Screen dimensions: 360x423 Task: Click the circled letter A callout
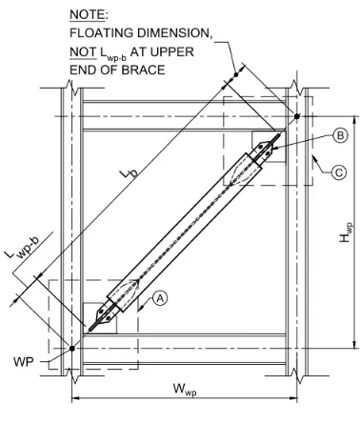[160, 298]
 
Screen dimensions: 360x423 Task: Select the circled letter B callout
[340, 136]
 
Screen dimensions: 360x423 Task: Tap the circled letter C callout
[339, 172]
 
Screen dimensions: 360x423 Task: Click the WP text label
[24, 361]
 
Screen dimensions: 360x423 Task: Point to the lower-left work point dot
[72, 349]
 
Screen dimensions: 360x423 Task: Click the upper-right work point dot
[297, 116]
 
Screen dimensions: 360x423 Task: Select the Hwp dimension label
[346, 232]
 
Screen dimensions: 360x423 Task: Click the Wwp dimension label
[185, 390]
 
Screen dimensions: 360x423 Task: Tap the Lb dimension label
[130, 173]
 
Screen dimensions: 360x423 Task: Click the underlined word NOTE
[87, 14]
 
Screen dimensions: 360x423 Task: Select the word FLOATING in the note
[101, 33]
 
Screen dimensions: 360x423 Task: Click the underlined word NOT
[83, 51]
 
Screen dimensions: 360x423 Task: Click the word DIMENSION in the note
[173, 33]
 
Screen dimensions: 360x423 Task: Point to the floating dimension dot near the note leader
[236, 75]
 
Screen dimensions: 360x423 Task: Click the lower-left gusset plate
[100, 318]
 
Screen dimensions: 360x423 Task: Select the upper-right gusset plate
[270, 147]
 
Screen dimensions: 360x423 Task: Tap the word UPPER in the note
[172, 51]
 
